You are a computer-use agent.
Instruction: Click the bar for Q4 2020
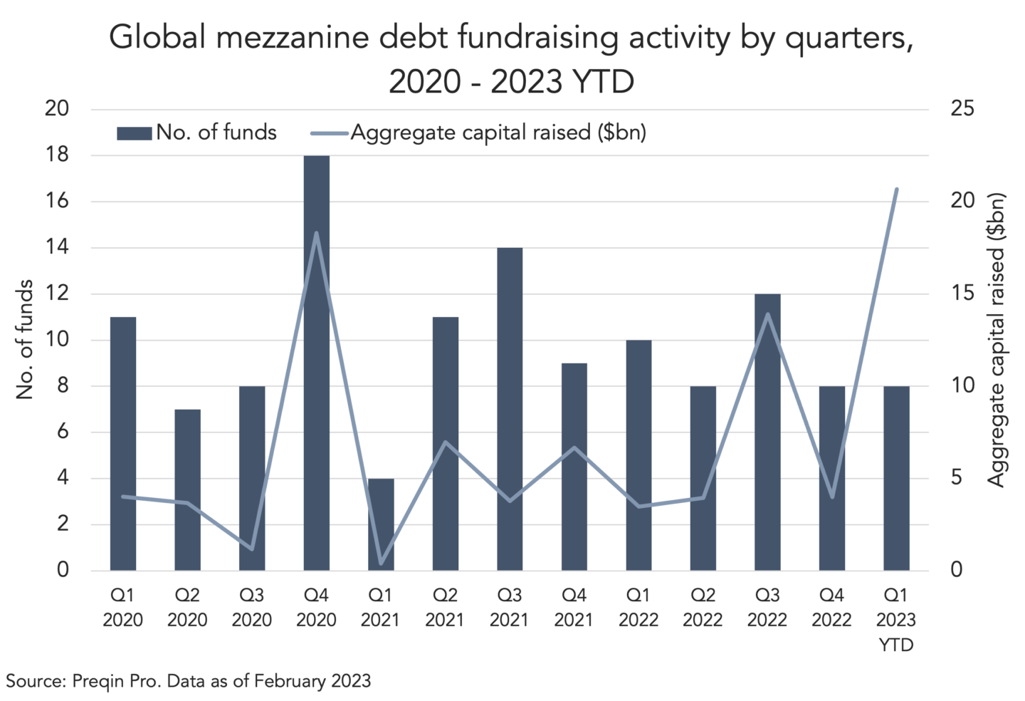click(x=316, y=363)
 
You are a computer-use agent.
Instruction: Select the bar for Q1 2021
click(x=381, y=524)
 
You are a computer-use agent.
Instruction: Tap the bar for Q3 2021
click(x=510, y=409)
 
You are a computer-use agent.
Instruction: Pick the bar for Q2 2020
click(x=188, y=490)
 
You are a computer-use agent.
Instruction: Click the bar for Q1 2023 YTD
click(x=896, y=479)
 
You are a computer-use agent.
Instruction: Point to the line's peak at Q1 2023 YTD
click(x=897, y=189)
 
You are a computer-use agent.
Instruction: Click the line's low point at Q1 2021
click(x=382, y=564)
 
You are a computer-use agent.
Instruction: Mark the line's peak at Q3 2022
click(x=768, y=314)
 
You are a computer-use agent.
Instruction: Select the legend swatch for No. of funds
click(x=134, y=134)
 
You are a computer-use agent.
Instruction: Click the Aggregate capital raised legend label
click(x=498, y=133)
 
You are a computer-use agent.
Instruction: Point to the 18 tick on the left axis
click(x=57, y=155)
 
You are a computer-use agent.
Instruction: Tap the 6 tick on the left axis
click(x=63, y=432)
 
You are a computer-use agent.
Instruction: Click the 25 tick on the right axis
click(x=962, y=109)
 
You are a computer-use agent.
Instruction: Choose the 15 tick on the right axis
click(x=962, y=293)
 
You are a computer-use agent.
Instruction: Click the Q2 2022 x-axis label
click(x=703, y=608)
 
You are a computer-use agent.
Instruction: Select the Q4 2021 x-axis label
click(x=574, y=608)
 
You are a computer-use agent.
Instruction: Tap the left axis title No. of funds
click(x=25, y=339)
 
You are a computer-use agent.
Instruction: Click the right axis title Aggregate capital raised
click(x=996, y=340)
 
